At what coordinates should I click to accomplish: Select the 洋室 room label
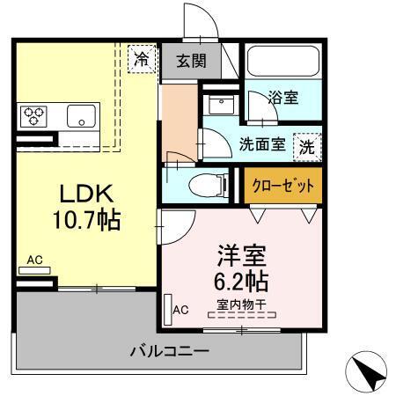pyautogui.click(x=241, y=258)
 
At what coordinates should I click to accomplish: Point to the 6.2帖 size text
pyautogui.click(x=241, y=282)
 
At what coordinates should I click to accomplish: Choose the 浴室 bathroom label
pyautogui.click(x=283, y=99)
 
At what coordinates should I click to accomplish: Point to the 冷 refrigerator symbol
pyautogui.click(x=141, y=59)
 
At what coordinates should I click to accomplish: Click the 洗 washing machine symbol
pyautogui.click(x=307, y=145)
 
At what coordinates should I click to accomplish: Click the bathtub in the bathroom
pyautogui.click(x=283, y=62)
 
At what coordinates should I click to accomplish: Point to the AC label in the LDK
pyautogui.click(x=34, y=260)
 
